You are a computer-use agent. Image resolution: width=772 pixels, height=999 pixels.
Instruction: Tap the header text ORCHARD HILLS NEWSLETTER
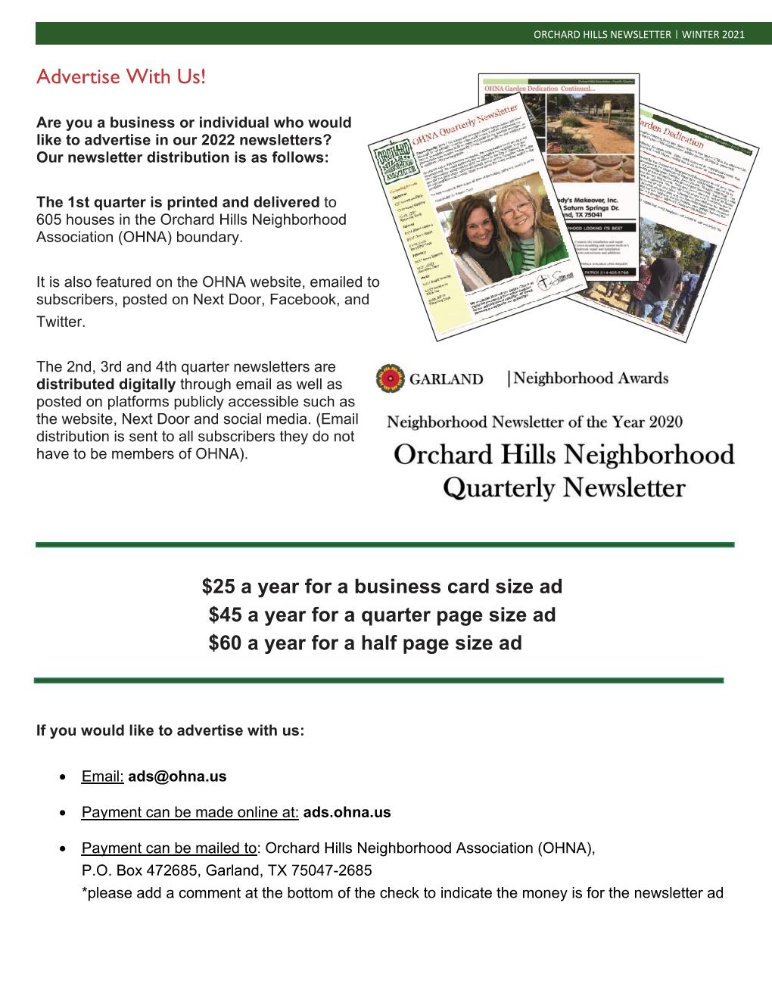[602, 34]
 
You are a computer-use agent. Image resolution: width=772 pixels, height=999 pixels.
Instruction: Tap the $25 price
[218, 587]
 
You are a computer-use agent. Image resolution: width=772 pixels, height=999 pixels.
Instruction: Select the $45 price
[224, 615]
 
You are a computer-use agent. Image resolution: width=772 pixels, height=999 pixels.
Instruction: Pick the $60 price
[224, 643]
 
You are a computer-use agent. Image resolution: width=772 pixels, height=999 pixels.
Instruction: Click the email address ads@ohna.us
[177, 776]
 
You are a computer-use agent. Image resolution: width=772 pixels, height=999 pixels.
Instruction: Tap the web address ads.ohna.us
[347, 813]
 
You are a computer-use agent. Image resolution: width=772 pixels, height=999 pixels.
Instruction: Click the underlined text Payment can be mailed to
[169, 848]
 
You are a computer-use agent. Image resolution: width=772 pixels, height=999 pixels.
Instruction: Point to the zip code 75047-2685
[325, 870]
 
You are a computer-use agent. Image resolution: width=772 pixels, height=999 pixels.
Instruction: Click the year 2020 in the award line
[661, 422]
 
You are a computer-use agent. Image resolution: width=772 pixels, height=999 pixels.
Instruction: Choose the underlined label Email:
[102, 776]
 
